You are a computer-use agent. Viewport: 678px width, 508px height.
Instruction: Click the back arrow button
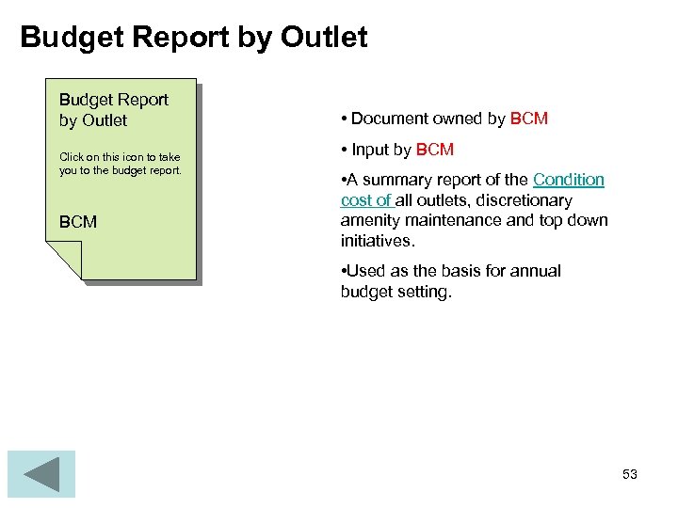point(41,474)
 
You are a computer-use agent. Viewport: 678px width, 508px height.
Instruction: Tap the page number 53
point(630,474)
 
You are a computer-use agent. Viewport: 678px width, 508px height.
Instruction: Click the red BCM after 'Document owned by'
point(528,119)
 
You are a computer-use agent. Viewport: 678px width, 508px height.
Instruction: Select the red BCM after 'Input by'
point(435,150)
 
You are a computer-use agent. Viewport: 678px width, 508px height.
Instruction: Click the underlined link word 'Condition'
point(569,180)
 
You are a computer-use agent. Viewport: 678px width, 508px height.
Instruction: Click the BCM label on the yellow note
point(78,222)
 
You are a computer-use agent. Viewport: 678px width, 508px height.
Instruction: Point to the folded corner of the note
point(65,260)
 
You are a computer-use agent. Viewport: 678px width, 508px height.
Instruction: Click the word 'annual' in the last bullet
point(533,271)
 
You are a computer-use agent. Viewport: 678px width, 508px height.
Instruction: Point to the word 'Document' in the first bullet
point(390,119)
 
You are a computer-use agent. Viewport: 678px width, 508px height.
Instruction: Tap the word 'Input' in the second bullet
point(370,150)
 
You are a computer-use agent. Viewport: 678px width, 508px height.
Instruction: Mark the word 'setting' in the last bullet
point(426,292)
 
